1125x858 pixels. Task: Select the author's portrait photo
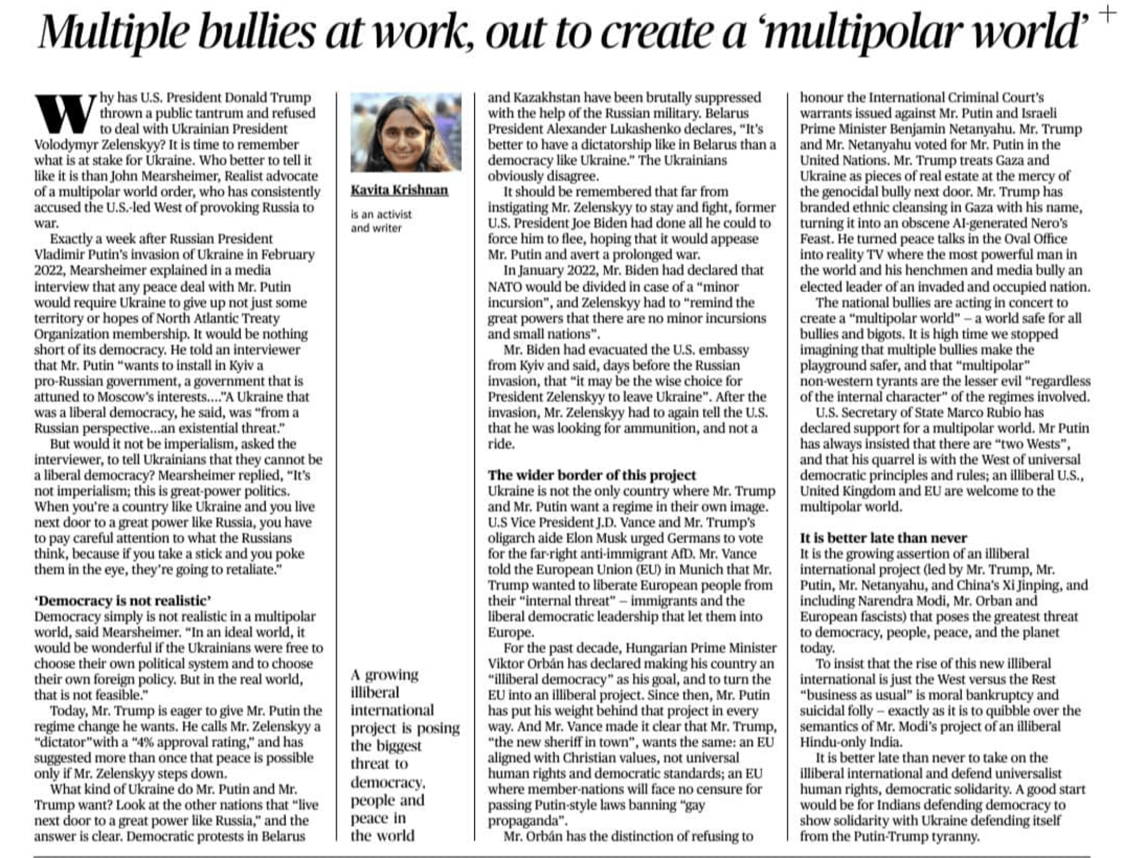pos(406,132)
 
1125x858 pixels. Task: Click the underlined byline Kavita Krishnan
pos(399,190)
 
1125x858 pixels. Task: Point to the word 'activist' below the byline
pos(388,214)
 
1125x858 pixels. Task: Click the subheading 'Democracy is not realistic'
pos(123,601)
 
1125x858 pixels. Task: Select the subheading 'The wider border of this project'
pos(591,475)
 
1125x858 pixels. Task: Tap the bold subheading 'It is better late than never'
pos(883,537)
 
